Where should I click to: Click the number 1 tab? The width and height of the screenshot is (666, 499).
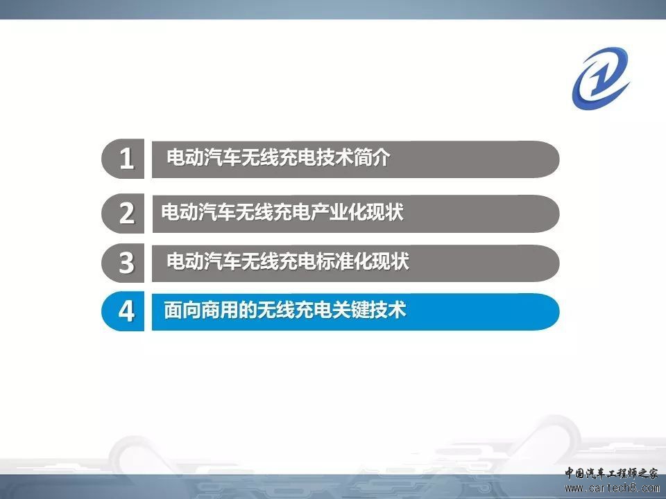click(123, 159)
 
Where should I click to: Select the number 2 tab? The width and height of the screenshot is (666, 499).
click(123, 213)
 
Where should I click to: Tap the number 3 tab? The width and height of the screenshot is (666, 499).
click(123, 263)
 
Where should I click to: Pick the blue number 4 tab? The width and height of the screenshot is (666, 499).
click(123, 311)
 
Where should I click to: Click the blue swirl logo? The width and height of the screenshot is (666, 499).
click(601, 78)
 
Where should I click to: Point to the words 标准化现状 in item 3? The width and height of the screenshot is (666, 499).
click(363, 261)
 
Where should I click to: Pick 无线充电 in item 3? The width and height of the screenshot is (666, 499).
click(279, 261)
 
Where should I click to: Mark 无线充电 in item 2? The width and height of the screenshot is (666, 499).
click(273, 211)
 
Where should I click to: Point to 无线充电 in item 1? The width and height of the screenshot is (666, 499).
click(279, 157)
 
